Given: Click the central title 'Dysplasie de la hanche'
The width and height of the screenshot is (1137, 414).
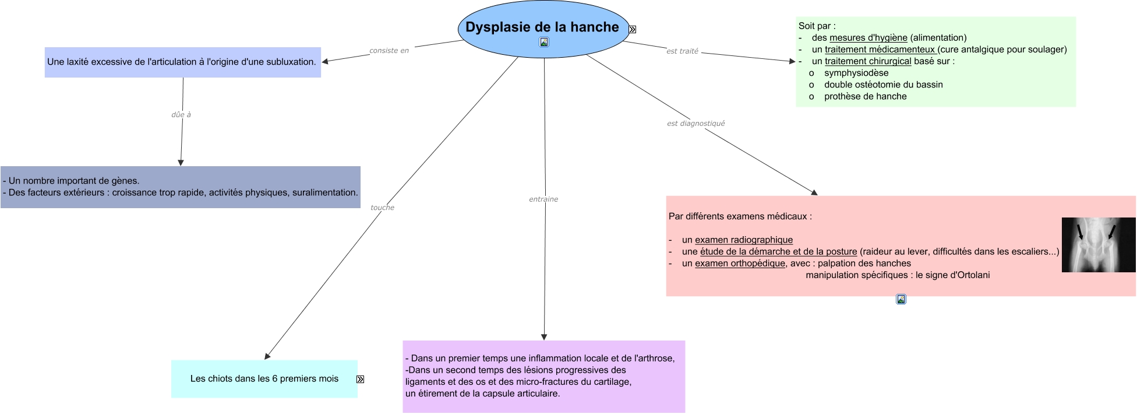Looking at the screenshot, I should pyautogui.click(x=542, y=27).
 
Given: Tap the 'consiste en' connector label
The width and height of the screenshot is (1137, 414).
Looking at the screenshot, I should pyautogui.click(x=389, y=51).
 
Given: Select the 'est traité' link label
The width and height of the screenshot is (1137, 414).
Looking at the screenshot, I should pyautogui.click(x=682, y=51).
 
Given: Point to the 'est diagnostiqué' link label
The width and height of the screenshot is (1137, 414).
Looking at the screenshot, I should pyautogui.click(x=695, y=124).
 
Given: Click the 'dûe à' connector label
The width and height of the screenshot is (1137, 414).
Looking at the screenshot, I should pyautogui.click(x=181, y=115).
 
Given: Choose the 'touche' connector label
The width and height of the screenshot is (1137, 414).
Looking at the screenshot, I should pyautogui.click(x=382, y=208).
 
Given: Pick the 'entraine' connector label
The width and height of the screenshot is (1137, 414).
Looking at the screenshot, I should pyautogui.click(x=543, y=199).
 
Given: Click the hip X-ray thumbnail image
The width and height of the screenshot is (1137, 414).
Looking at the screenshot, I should pyautogui.click(x=1098, y=245).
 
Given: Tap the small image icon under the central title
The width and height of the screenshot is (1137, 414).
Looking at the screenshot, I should pyautogui.click(x=544, y=42).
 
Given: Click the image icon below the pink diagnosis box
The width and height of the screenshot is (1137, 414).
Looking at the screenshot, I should pyautogui.click(x=901, y=300).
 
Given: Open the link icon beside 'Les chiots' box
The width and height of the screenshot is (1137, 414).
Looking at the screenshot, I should pyautogui.click(x=360, y=379).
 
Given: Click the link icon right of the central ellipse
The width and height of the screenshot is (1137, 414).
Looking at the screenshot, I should pyautogui.click(x=632, y=29).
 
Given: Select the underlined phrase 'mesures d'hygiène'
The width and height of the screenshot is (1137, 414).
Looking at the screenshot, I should pyautogui.click(x=868, y=38).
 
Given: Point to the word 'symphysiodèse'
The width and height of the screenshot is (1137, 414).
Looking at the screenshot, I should pyautogui.click(x=856, y=73).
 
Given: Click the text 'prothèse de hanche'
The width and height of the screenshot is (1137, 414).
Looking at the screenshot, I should pyautogui.click(x=865, y=96).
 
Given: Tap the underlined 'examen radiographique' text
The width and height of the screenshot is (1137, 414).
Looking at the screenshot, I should pyautogui.click(x=744, y=240).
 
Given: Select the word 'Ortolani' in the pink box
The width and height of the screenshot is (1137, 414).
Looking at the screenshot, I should pyautogui.click(x=972, y=275).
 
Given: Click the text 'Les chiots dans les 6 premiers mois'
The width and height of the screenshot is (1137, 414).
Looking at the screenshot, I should pyautogui.click(x=264, y=378).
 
